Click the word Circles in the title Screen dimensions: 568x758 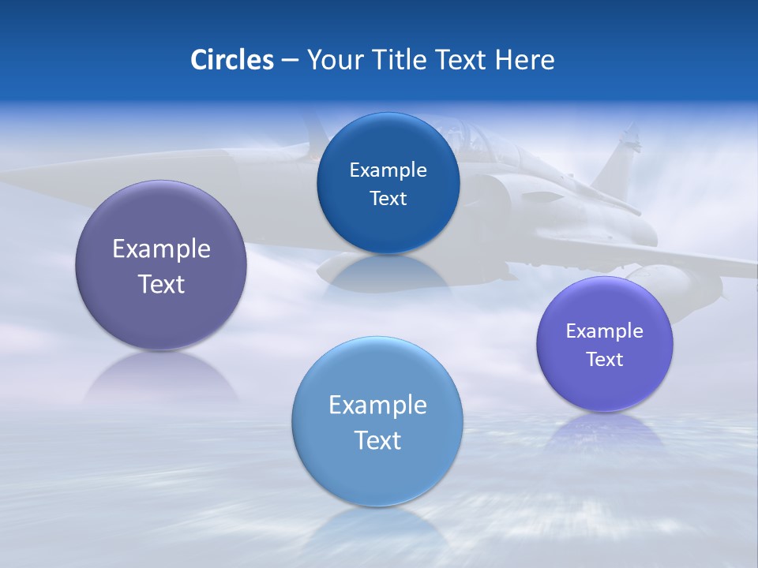tap(231, 60)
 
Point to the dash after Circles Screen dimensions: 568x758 tap(290, 61)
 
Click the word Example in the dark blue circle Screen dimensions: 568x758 tap(388, 170)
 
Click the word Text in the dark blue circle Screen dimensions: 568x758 tap(388, 199)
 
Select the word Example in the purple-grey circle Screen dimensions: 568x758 tap(161, 249)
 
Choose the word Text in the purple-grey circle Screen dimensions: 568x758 tap(161, 285)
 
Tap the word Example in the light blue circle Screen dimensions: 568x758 tap(377, 405)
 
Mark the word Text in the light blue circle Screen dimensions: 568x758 tap(377, 441)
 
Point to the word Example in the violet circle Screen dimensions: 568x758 tap(605, 331)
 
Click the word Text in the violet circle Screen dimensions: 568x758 tap(605, 360)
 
